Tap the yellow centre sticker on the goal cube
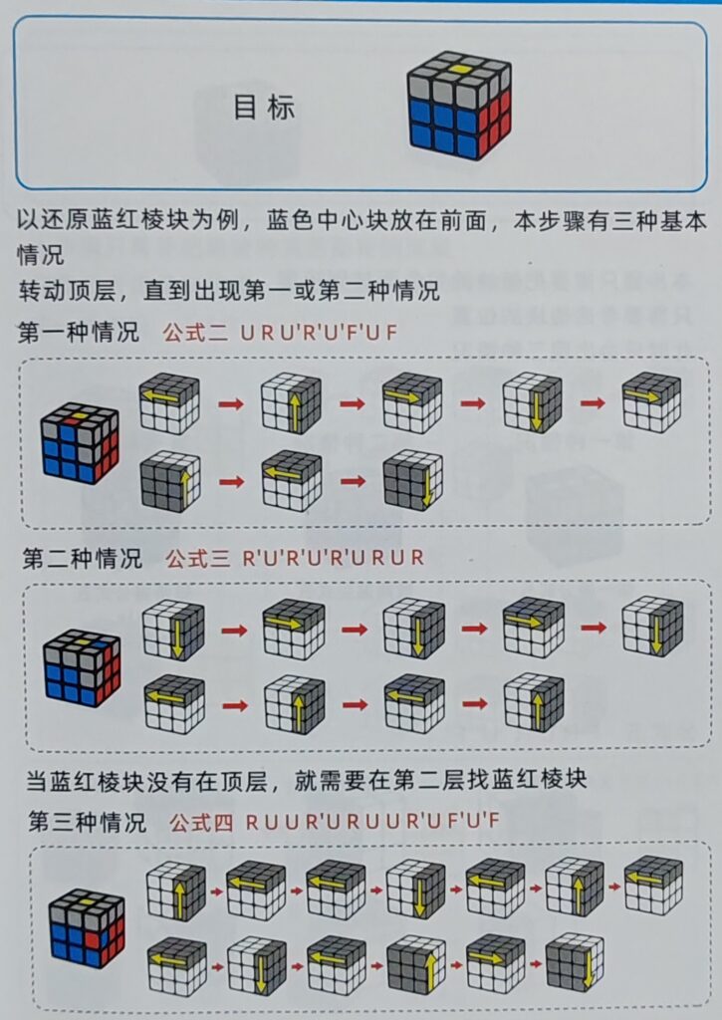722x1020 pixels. [459, 69]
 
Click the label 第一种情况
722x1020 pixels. [78, 333]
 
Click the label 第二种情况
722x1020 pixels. [82, 558]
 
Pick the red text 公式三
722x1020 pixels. [198, 558]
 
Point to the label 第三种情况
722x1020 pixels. [88, 822]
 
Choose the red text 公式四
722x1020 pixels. [201, 823]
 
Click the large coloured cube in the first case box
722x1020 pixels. [80, 443]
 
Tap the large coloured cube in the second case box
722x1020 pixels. [82, 668]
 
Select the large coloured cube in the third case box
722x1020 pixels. [88, 927]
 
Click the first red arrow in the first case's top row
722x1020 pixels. [231, 404]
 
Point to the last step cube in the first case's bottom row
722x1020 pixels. [413, 480]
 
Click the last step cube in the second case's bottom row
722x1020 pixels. [534, 703]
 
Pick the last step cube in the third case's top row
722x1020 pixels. [653, 886]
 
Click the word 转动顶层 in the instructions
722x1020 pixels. [67, 290]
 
